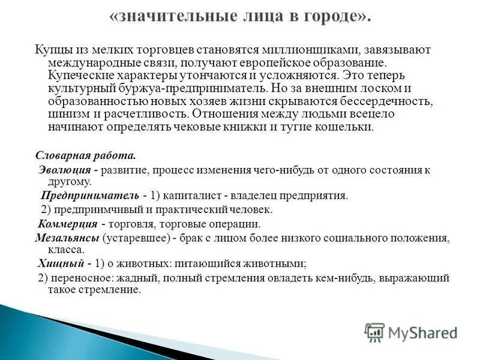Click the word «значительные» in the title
pos(175,16)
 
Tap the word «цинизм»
pos(65,113)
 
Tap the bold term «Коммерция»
pos(68,224)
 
